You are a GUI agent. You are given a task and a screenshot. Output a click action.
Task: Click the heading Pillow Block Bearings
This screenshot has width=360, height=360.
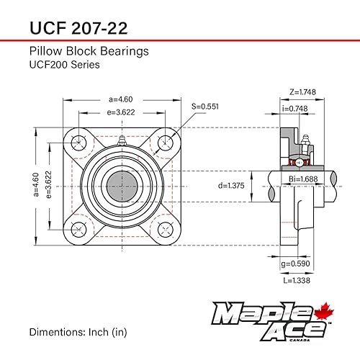(89, 52)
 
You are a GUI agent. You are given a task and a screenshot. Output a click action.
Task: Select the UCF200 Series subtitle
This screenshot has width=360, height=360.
(64, 65)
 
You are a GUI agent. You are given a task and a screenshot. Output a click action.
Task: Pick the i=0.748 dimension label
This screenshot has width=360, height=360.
(295, 108)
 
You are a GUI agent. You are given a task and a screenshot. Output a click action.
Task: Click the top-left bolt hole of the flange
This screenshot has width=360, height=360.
(79, 140)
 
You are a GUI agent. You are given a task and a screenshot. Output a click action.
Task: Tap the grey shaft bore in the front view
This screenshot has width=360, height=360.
(122, 184)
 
